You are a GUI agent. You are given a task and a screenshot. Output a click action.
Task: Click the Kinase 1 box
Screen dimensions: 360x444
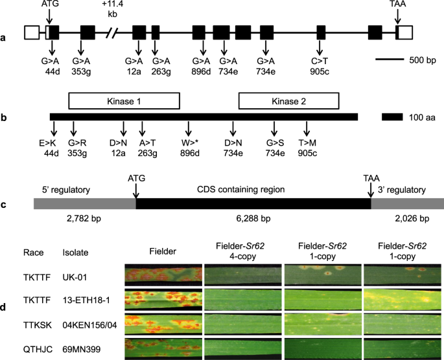click(124, 100)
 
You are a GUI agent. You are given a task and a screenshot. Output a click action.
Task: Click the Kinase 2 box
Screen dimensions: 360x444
click(288, 100)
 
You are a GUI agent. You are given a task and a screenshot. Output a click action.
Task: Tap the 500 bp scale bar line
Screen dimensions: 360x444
click(392, 61)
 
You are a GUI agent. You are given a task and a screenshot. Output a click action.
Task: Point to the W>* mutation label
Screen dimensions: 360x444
click(189, 144)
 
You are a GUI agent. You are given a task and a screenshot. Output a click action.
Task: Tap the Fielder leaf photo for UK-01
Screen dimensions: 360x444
click(161, 275)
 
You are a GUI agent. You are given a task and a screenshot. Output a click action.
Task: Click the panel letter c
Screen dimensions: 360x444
click(5, 205)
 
